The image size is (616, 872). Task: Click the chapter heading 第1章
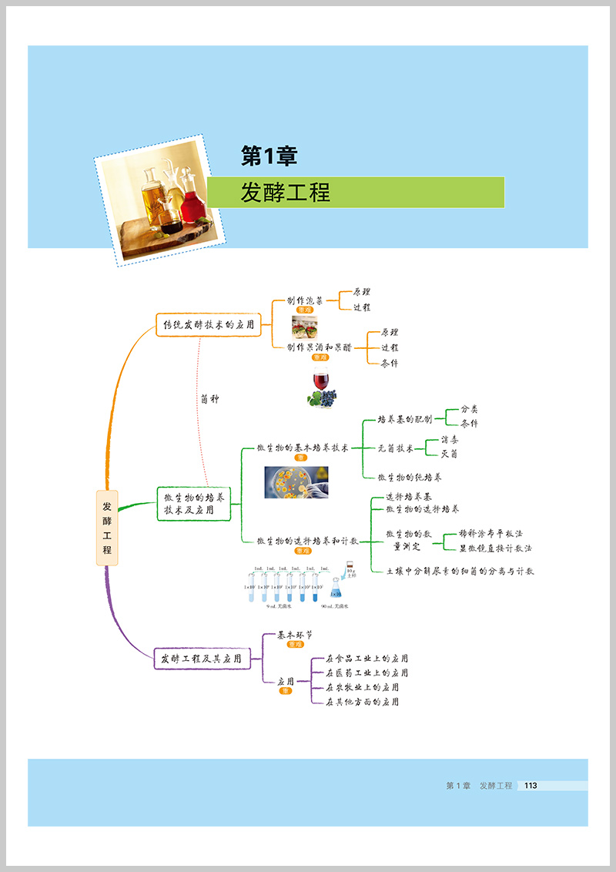[269, 156]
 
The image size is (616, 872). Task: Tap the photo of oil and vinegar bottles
[163, 198]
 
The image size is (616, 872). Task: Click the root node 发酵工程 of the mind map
[107, 528]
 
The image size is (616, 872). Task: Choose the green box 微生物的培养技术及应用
[194, 503]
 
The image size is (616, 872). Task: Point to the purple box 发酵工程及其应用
[202, 659]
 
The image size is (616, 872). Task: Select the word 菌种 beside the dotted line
[209, 399]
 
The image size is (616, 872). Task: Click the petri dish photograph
[296, 482]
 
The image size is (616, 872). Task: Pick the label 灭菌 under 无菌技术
[449, 454]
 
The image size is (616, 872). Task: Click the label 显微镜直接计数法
[495, 548]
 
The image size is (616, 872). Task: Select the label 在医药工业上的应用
[367, 672]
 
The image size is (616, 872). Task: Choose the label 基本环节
[294, 636]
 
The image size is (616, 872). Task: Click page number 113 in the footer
[530, 786]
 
